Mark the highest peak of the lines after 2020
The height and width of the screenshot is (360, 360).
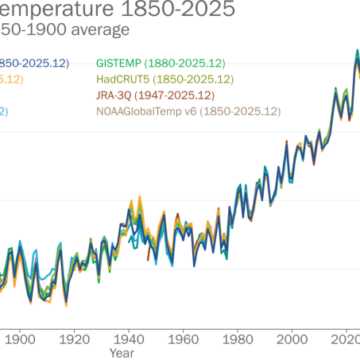tap(356, 52)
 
